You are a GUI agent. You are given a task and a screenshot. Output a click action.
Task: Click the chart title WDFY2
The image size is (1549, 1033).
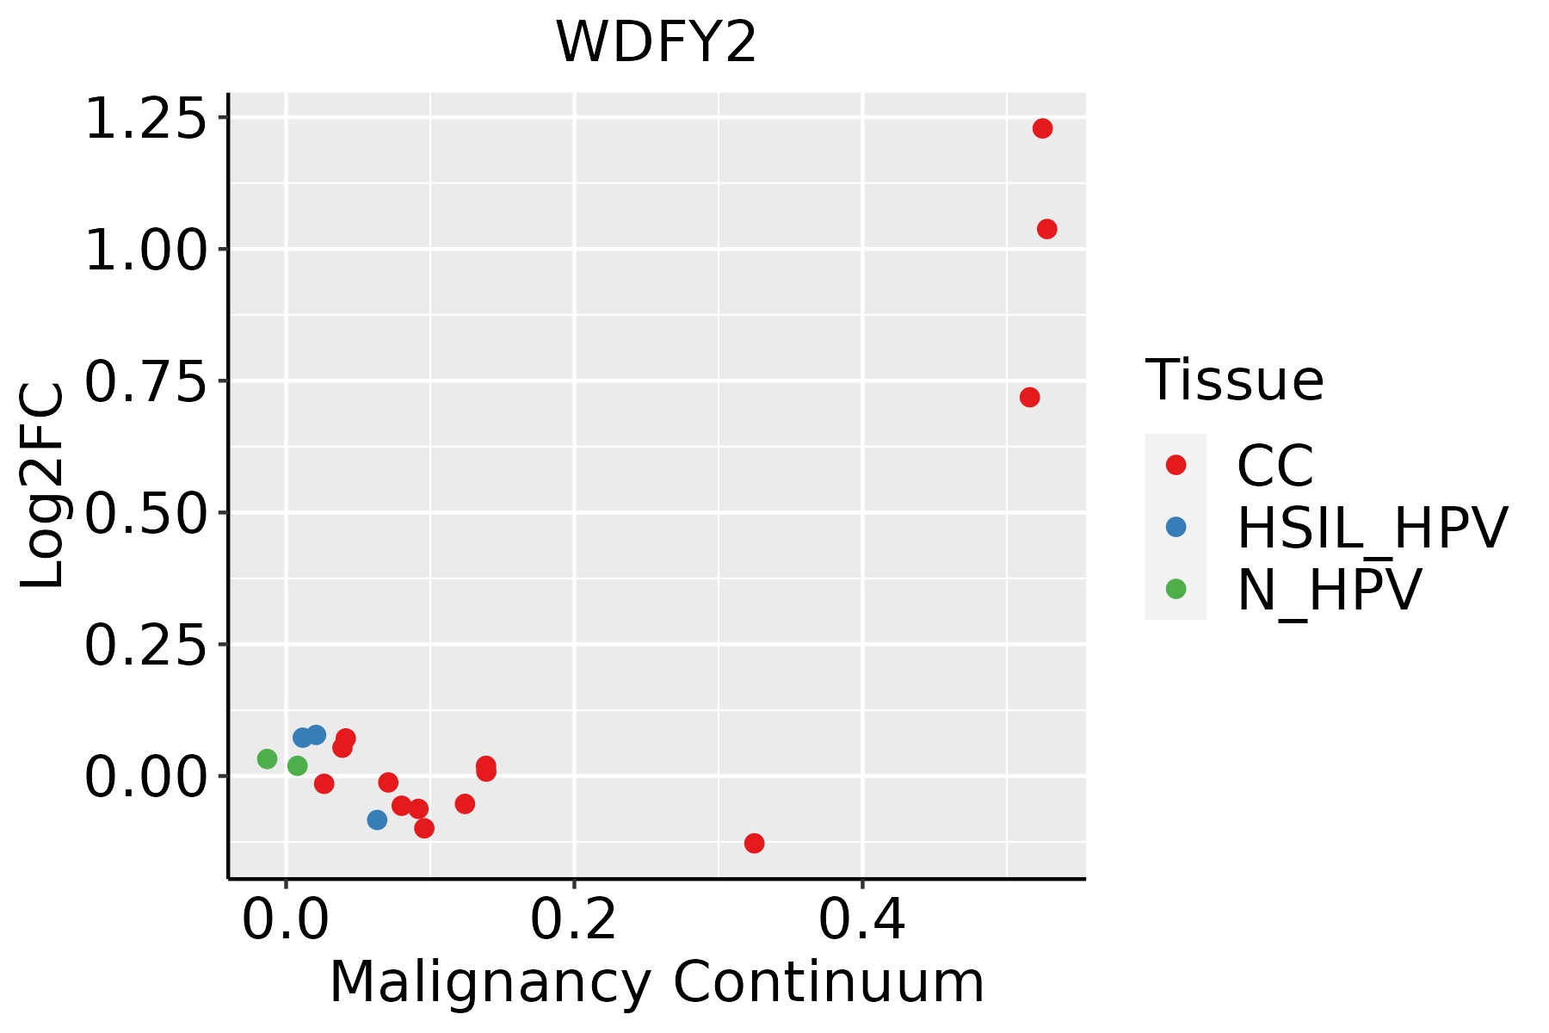coord(656,42)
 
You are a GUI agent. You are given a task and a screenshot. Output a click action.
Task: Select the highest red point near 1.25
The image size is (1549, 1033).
coord(1042,128)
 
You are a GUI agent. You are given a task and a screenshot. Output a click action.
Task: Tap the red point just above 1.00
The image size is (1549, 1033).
coord(1046,229)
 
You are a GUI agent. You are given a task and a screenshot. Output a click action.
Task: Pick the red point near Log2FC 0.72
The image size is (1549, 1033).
coord(1029,397)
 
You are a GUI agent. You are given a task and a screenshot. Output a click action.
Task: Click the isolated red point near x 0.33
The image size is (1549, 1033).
coord(754,843)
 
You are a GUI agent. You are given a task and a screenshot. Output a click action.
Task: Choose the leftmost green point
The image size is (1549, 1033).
coord(267,758)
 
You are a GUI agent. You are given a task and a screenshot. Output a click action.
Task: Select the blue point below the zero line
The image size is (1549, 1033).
coord(377,820)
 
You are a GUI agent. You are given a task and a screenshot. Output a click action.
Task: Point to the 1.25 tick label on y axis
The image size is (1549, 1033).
coord(146,119)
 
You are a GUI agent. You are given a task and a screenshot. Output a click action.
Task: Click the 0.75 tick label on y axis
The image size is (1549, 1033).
coord(146,381)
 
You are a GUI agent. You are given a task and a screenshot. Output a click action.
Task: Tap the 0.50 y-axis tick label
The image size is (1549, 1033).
coord(146,513)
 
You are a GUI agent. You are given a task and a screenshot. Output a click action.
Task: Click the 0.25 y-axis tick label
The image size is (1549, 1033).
coord(146,645)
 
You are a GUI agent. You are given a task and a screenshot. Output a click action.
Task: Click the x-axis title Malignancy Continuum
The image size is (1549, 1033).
coord(657,982)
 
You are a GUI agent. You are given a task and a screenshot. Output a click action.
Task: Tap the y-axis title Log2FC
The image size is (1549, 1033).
coord(43,486)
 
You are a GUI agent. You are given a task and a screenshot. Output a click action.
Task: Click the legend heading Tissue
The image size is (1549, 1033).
coord(1234,380)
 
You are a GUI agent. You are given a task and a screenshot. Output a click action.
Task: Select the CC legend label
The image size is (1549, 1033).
coord(1274,466)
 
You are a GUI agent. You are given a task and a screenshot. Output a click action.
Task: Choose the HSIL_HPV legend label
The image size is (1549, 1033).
coord(1372,528)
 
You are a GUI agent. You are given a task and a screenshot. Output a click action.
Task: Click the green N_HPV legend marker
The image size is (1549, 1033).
coord(1176,589)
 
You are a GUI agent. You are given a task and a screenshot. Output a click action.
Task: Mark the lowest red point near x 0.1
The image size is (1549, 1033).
coord(424,828)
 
